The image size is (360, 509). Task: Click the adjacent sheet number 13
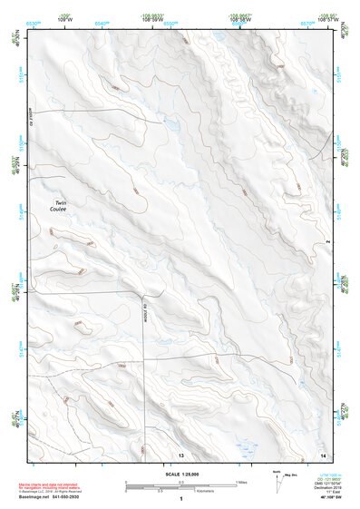180,452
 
